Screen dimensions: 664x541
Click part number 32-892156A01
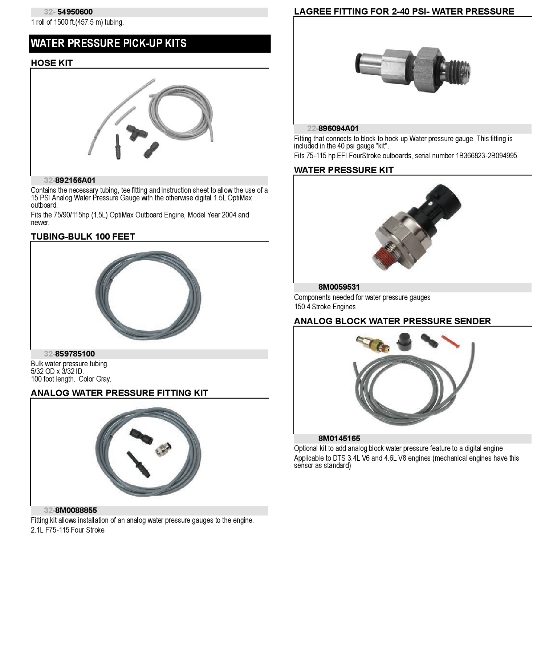[70, 180]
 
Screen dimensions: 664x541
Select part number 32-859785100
[69, 354]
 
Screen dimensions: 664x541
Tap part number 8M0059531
[339, 287]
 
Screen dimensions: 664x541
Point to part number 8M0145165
[339, 439]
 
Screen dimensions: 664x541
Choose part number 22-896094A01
[333, 129]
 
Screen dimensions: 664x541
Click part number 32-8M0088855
[70, 510]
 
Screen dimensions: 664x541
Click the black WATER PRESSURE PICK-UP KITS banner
[150, 44]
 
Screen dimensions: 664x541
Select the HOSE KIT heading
[52, 63]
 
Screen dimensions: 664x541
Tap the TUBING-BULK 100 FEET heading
[83, 237]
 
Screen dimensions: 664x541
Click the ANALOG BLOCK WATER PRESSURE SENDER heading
[392, 321]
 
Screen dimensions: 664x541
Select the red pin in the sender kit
[450, 342]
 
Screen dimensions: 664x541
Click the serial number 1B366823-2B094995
[487, 156]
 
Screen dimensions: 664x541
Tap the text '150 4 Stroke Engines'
[325, 307]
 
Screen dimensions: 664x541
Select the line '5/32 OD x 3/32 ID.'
[57, 371]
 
